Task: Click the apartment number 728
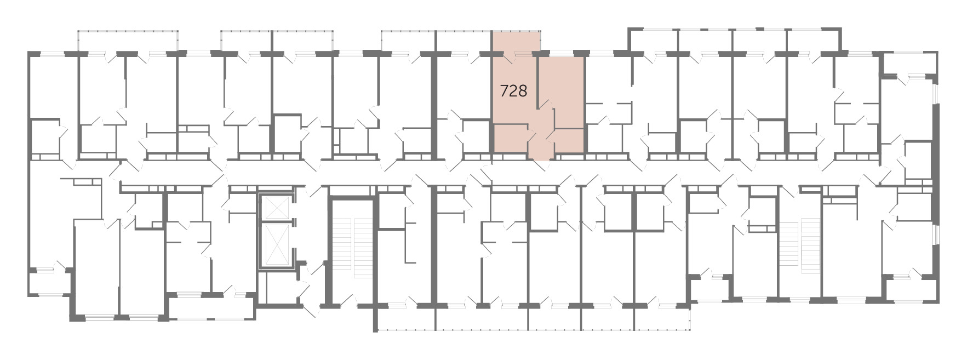[x=513, y=91]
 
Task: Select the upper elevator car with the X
[x=276, y=207]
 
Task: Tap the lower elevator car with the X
[x=276, y=244]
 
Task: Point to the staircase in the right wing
[x=800, y=242]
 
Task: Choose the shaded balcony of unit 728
[x=516, y=42]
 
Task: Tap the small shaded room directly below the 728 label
[x=511, y=139]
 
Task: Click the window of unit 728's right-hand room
[x=561, y=53]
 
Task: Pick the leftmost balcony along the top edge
[x=129, y=42]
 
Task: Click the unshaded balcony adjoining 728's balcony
[x=464, y=42]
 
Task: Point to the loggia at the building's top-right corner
[x=909, y=64]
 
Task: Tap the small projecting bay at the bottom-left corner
[x=49, y=282]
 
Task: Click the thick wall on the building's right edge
[x=935, y=164]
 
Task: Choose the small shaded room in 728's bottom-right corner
[x=568, y=141]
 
